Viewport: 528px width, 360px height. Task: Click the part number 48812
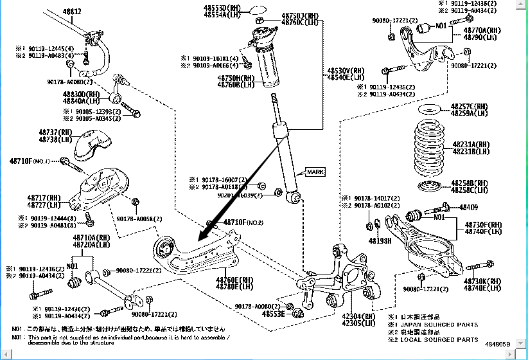[72, 12]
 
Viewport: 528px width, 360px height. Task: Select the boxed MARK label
[315, 172]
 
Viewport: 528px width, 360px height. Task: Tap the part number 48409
[468, 208]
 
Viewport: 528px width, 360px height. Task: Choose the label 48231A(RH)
[471, 145]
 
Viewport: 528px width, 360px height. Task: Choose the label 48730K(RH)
[482, 281]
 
